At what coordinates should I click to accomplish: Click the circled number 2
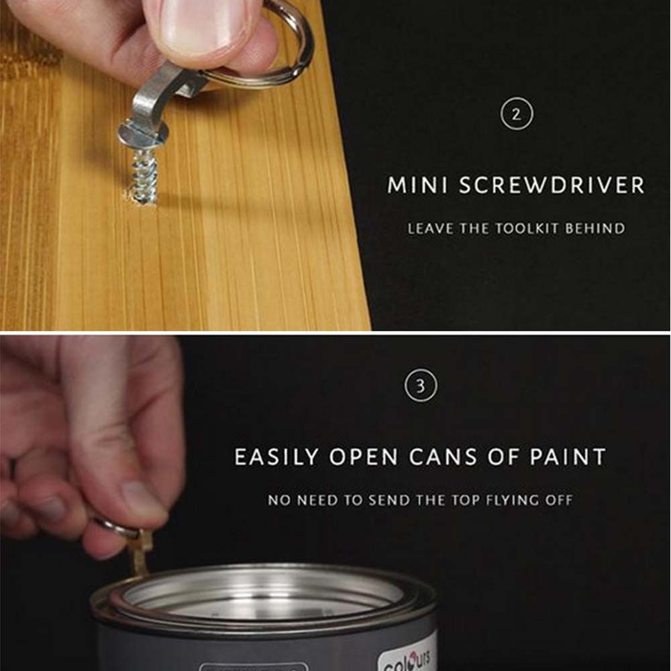pos(515,115)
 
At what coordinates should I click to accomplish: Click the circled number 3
pos(421,386)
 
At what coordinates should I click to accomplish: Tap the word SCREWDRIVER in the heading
pos(552,186)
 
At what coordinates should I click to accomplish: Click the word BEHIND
pos(595,228)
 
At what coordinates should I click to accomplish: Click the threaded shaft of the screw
pos(144,176)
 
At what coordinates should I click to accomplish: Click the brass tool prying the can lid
pos(140,553)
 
